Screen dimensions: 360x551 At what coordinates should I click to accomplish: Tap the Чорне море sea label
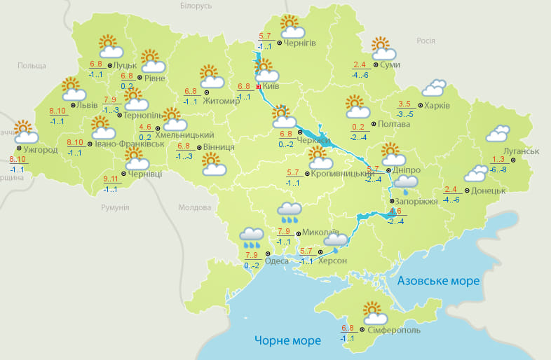coord(287,340)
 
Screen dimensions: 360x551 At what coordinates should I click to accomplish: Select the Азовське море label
coord(438,281)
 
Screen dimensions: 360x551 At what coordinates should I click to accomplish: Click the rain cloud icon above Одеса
coord(252,237)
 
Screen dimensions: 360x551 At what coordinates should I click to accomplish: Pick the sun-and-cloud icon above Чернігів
coord(292,27)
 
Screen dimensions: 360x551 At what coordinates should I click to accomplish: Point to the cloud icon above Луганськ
coord(497,133)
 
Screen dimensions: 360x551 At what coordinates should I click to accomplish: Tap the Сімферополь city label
coord(393,330)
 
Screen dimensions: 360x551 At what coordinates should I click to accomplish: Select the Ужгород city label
coord(41,150)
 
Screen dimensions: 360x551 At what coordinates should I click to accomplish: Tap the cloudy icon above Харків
coord(433,88)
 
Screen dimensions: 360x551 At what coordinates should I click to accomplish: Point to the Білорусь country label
coord(196,6)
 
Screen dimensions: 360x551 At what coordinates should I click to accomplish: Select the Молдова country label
coord(194,208)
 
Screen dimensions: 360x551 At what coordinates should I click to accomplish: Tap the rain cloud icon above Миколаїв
coord(290,211)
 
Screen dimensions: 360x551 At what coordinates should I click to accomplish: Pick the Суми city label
coord(390,65)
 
